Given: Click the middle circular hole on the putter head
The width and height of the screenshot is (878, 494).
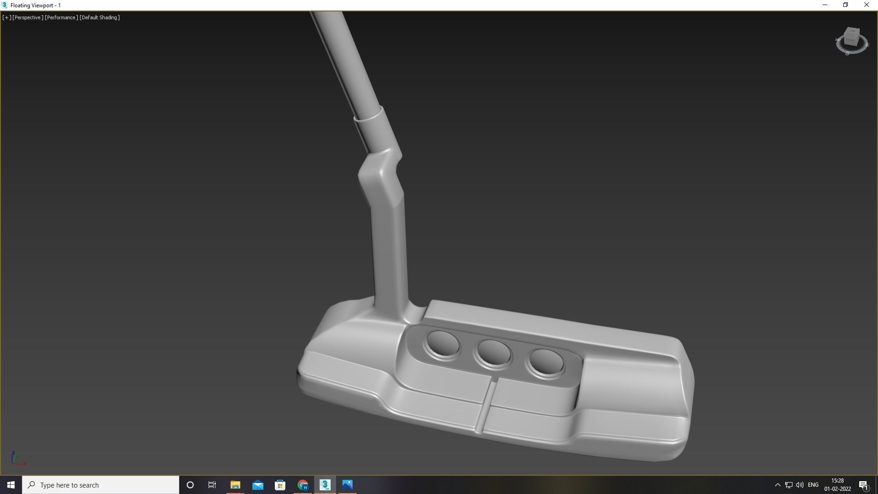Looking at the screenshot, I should coord(493,354).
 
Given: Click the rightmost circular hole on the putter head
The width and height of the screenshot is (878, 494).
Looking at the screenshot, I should coord(546,363).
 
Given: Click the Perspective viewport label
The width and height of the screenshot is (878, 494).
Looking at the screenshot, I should coord(28,17).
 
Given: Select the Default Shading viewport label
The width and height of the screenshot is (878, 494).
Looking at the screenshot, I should coord(100,17).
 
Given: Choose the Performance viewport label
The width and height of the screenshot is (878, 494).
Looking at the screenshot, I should coord(61,17).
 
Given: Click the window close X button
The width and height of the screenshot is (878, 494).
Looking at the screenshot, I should coord(866,5).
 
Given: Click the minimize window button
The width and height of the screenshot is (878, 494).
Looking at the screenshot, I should coord(825,5).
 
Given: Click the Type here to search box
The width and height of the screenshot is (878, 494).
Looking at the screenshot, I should coord(101,485).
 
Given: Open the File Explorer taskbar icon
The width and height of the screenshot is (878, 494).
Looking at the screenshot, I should coord(235,485).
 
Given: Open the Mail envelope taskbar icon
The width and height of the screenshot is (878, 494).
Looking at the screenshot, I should coord(258,485).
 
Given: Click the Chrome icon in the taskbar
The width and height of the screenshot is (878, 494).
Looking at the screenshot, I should coord(303,485).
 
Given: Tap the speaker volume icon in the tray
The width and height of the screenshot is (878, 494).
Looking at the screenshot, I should coord(800,485).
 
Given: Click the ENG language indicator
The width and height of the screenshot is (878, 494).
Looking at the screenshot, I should coord(813,485).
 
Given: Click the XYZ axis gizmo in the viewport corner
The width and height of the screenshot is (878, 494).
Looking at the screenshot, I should coord(17,458).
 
